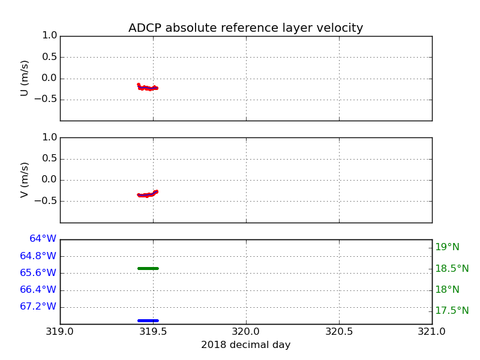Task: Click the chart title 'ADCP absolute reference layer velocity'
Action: [245, 28]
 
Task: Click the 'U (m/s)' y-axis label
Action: [25, 78]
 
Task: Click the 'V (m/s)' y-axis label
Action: [25, 179]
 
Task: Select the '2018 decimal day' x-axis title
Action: [245, 345]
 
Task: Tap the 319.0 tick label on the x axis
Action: [60, 331]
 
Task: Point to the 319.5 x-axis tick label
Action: [153, 331]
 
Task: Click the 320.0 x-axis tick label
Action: [246, 331]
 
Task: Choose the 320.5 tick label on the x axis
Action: [339, 331]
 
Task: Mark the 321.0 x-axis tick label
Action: [431, 331]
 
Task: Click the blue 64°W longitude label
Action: [43, 239]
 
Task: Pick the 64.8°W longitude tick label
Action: [38, 256]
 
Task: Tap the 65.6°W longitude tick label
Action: [38, 272]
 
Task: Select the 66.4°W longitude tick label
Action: [38, 289]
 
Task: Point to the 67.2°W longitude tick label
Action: [38, 306]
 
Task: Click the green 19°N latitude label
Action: [447, 247]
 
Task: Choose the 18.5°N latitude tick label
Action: [452, 268]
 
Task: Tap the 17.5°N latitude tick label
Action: [452, 310]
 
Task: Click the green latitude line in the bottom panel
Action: [148, 268]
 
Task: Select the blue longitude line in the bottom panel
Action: [148, 320]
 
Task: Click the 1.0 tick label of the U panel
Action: [50, 35]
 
